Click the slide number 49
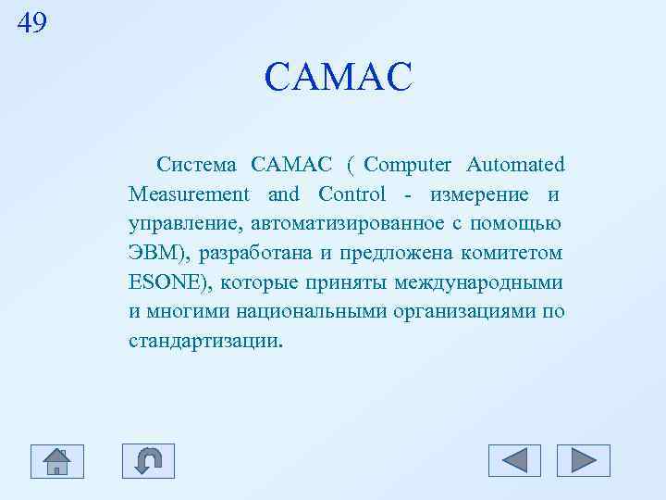pos(31,22)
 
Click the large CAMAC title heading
pos(337,78)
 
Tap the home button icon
pos(57,460)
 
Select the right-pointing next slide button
pos(584,460)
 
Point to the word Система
pos(197,165)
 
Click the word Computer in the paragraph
pos(407,165)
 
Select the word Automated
pos(515,165)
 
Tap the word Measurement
pos(189,194)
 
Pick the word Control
pos(351,194)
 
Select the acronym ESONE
pos(163,282)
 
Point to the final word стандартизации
pos(205,341)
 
